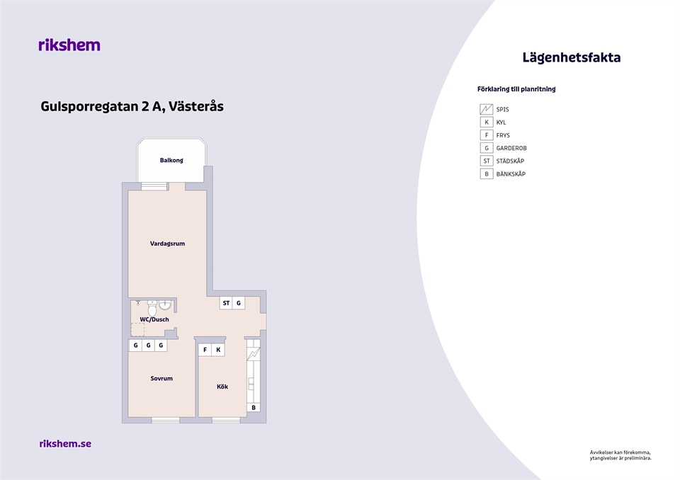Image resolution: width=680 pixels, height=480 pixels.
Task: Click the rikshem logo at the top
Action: pyautogui.click(x=69, y=45)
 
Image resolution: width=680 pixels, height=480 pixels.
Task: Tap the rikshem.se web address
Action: pyautogui.click(x=65, y=444)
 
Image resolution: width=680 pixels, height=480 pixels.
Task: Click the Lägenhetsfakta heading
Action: pyautogui.click(x=571, y=57)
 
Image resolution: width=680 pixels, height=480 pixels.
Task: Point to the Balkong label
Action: pyautogui.click(x=171, y=161)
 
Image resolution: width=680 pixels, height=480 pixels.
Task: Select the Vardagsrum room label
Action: pyautogui.click(x=167, y=244)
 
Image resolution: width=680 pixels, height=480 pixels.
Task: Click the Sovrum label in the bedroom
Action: pyautogui.click(x=161, y=379)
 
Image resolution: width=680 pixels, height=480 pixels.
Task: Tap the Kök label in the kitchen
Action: pyautogui.click(x=222, y=387)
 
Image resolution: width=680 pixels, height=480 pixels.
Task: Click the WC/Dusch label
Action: pyautogui.click(x=154, y=319)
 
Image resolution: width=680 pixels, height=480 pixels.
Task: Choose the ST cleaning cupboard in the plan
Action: pyautogui.click(x=226, y=303)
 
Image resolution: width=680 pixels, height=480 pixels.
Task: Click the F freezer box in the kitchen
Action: pyautogui.click(x=205, y=350)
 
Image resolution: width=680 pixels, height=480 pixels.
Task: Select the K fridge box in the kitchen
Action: pyautogui.click(x=218, y=350)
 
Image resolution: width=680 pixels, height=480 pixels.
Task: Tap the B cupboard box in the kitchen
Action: pyautogui.click(x=254, y=408)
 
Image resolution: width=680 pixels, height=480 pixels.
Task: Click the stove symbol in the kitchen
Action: pyautogui.click(x=254, y=354)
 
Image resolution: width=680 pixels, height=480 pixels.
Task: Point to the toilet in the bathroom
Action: pyautogui.click(x=152, y=309)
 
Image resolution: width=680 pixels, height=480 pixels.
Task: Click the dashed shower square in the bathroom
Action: pyautogui.click(x=138, y=329)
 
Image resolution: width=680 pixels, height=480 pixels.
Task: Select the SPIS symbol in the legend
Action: pyautogui.click(x=486, y=109)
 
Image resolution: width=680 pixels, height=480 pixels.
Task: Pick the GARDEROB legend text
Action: pyautogui.click(x=511, y=148)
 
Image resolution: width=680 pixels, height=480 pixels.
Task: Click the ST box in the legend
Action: pyautogui.click(x=486, y=161)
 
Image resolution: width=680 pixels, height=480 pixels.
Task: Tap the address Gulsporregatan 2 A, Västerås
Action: pyautogui.click(x=132, y=107)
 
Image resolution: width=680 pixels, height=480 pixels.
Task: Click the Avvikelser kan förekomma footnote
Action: pyautogui.click(x=620, y=455)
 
